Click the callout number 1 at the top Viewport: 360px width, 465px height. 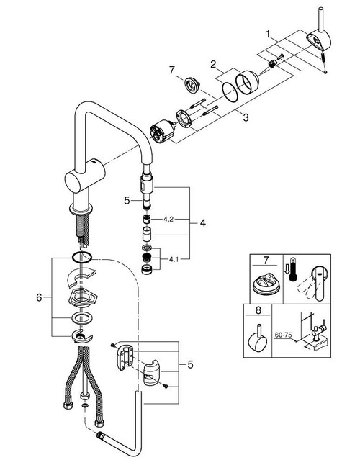point(269,33)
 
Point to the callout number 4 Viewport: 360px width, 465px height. point(204,223)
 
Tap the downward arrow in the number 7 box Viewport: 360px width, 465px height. point(287,268)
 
